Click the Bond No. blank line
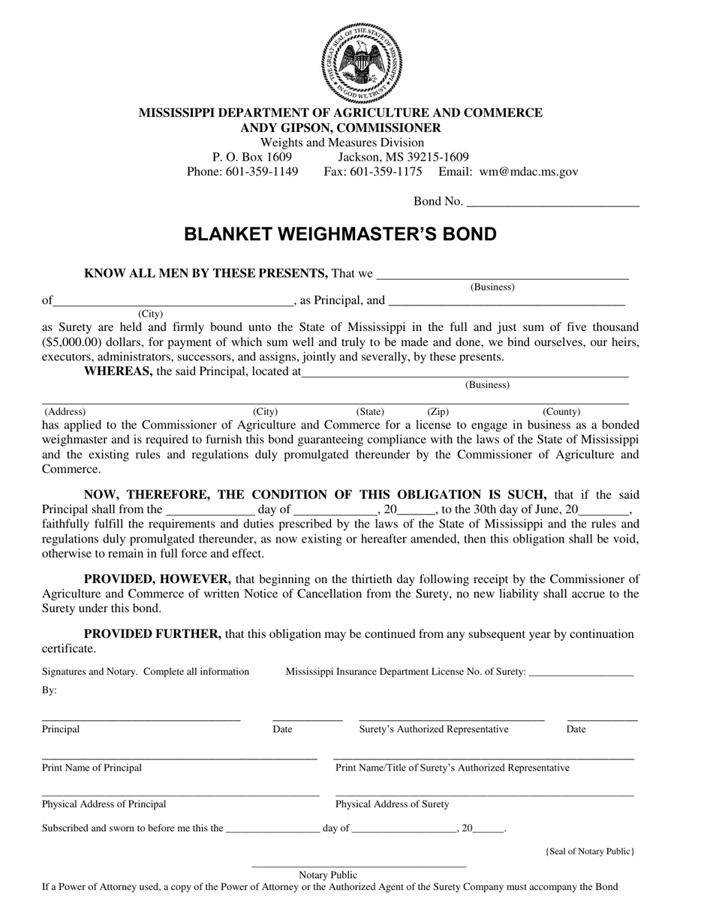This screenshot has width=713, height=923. tap(552, 201)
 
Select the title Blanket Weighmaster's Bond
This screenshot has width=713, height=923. tap(341, 234)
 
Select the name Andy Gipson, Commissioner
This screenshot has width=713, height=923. tap(341, 128)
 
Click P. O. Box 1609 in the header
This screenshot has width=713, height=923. tap(252, 157)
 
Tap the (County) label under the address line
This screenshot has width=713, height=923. tap(561, 412)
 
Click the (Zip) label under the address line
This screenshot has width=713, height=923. tap(438, 412)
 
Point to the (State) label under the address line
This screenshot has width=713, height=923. tap(370, 412)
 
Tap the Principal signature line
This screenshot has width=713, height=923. tap(140, 719)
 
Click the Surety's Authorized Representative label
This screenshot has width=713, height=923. tap(434, 729)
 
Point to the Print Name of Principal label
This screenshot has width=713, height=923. tap(92, 768)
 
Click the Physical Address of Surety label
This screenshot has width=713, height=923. tap(393, 804)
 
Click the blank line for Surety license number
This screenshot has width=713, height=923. tap(581, 673)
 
